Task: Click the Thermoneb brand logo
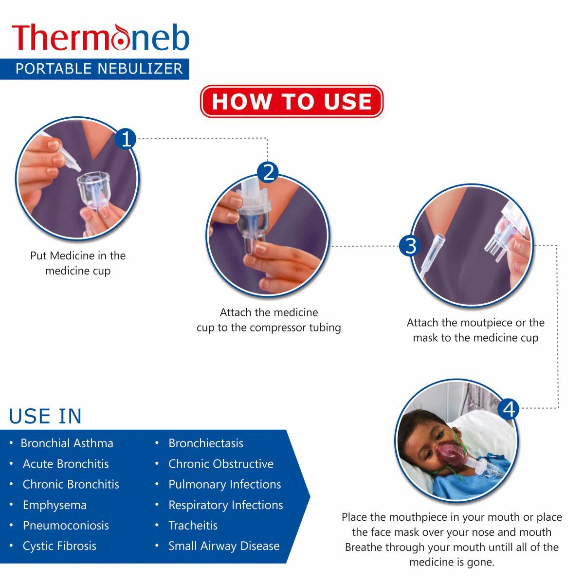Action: click(x=100, y=38)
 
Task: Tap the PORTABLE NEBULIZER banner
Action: click(x=99, y=69)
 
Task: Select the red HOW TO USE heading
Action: click(x=292, y=102)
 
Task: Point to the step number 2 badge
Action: click(x=268, y=172)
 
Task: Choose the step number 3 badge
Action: click(x=411, y=246)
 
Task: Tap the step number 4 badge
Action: click(x=509, y=409)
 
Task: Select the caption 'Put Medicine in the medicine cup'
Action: click(x=78, y=263)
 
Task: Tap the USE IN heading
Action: click(x=45, y=417)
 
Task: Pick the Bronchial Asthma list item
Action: click(x=67, y=443)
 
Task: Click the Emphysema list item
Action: click(x=55, y=505)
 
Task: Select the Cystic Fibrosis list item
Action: click(x=59, y=546)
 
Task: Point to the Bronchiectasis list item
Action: click(x=205, y=443)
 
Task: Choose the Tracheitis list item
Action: click(x=193, y=526)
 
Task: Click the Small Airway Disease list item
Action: click(x=224, y=546)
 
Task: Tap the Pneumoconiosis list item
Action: click(x=66, y=526)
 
